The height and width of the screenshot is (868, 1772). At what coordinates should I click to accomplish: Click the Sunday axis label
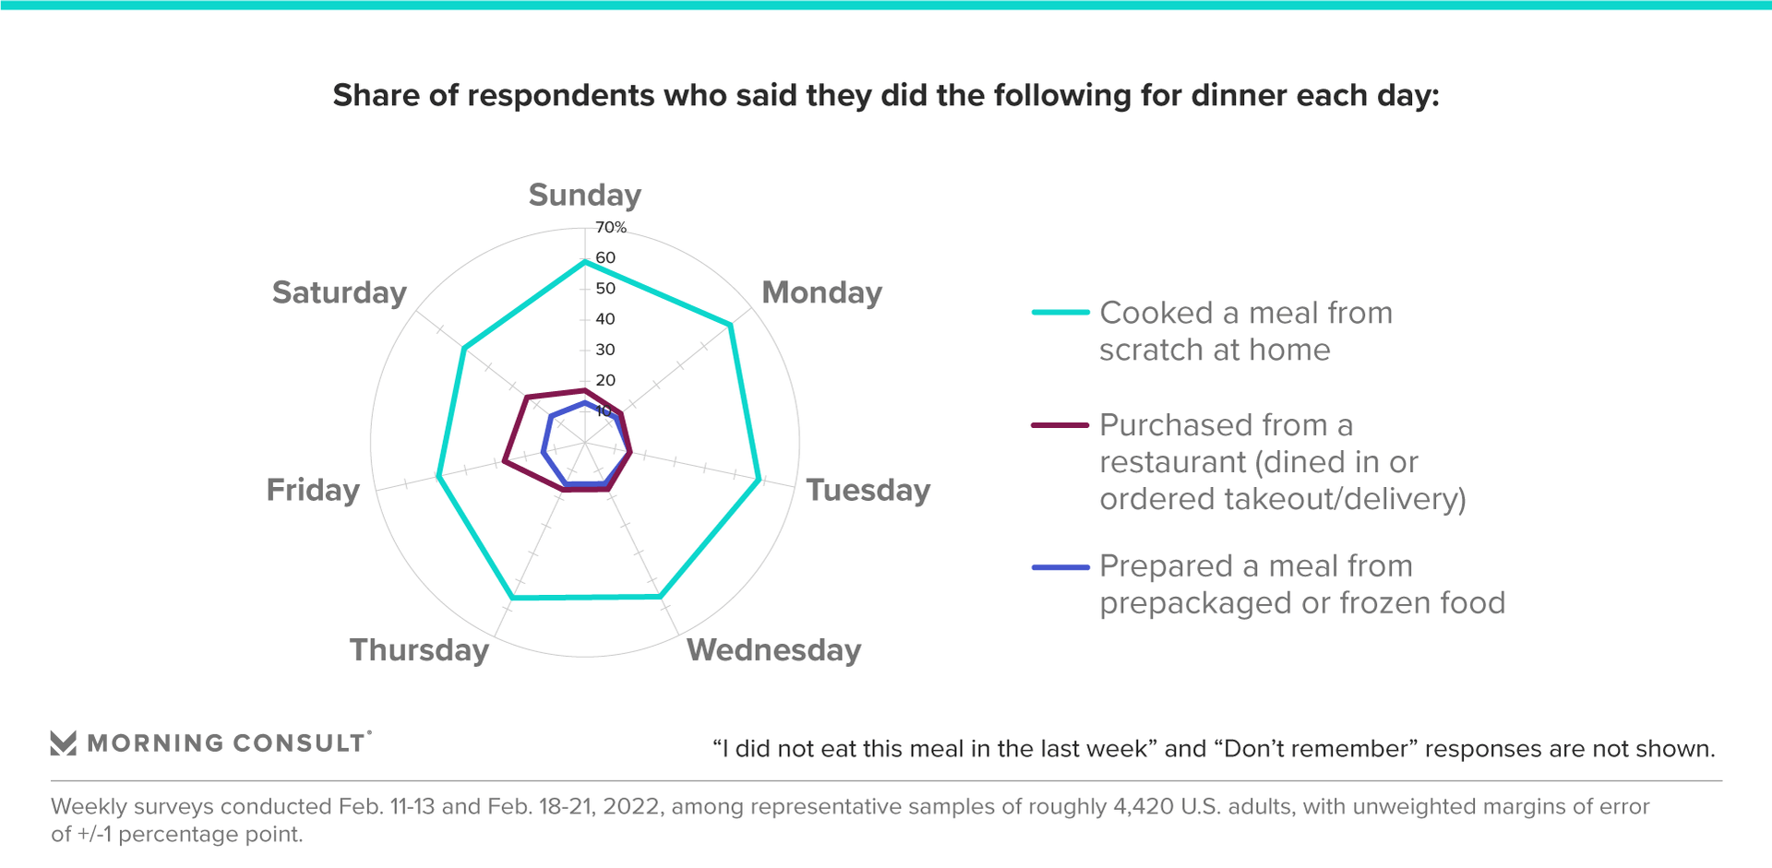tap(584, 196)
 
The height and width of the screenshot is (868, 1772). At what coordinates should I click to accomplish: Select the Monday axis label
tap(821, 292)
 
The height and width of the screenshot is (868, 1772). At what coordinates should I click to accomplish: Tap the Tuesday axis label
tap(868, 490)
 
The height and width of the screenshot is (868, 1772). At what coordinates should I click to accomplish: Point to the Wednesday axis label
tap(773, 650)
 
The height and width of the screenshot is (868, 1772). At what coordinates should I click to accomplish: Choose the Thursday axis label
tap(419, 650)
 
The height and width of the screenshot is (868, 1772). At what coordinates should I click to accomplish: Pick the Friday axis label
tap(313, 490)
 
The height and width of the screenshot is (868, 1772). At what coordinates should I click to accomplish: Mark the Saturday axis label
tap(339, 292)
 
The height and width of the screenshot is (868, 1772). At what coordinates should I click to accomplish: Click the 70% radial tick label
tap(610, 227)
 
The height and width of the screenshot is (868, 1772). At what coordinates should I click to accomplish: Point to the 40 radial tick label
tap(605, 319)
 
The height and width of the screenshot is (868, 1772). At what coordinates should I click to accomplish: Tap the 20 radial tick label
tap(605, 380)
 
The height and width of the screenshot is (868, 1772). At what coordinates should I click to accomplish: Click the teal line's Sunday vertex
tap(584, 263)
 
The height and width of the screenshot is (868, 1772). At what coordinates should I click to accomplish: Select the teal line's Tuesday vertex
tap(760, 480)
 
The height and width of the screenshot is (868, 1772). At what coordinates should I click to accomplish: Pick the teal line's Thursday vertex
tap(512, 599)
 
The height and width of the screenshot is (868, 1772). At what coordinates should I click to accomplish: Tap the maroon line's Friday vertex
tap(504, 460)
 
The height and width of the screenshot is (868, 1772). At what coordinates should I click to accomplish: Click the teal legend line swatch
tap(1060, 313)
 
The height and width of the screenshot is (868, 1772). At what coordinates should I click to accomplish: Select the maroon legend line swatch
tap(1060, 425)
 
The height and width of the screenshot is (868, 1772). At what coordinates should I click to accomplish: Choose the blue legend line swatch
tap(1060, 566)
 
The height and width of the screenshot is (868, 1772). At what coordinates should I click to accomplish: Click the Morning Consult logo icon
tap(63, 743)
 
